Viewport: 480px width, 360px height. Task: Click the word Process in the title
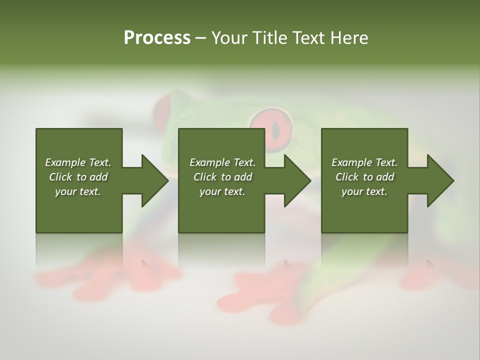pyautogui.click(x=157, y=38)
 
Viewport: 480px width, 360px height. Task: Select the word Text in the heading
pyautogui.click(x=307, y=38)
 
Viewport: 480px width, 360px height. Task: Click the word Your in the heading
pyautogui.click(x=229, y=38)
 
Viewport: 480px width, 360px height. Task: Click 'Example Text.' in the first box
pyautogui.click(x=78, y=162)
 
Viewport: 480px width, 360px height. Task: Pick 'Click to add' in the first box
pyautogui.click(x=78, y=177)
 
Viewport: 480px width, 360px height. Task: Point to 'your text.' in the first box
pyautogui.click(x=78, y=191)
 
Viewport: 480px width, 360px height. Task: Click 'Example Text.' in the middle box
pyautogui.click(x=222, y=162)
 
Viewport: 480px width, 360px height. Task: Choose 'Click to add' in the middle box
pyautogui.click(x=222, y=177)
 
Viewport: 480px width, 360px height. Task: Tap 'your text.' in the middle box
pyautogui.click(x=222, y=191)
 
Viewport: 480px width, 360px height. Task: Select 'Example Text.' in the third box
pyautogui.click(x=364, y=162)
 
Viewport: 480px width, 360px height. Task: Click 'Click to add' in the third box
pyautogui.click(x=364, y=177)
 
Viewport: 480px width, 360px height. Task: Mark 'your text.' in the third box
pyautogui.click(x=364, y=191)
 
